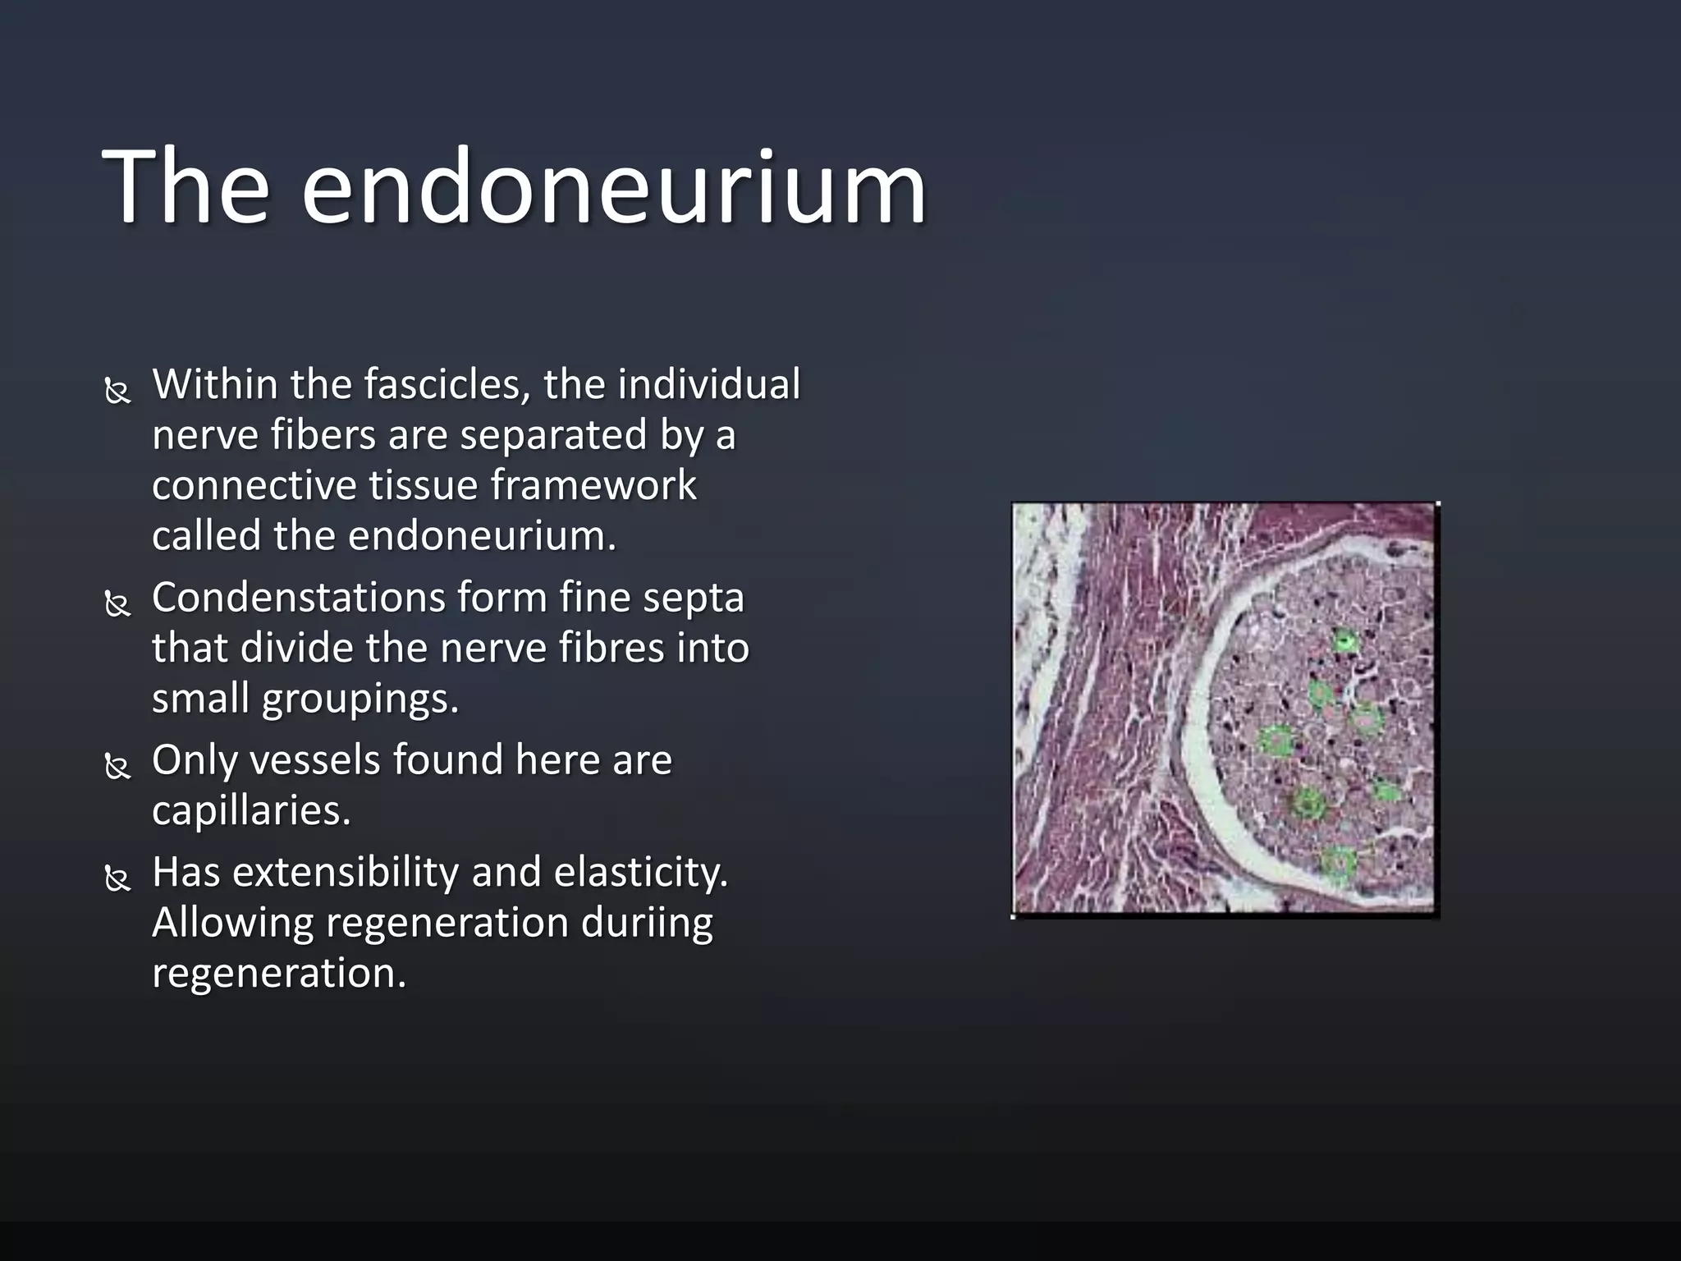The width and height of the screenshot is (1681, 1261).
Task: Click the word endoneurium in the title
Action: click(613, 187)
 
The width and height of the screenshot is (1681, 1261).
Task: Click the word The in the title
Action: click(186, 187)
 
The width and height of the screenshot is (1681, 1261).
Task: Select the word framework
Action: click(593, 485)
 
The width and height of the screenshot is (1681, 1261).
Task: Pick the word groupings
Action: click(360, 699)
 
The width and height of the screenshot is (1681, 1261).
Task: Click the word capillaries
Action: click(251, 810)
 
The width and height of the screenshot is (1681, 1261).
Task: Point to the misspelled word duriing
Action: click(647, 924)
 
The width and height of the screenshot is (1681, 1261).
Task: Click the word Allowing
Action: click(232, 923)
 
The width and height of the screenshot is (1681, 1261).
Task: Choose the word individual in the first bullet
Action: click(708, 384)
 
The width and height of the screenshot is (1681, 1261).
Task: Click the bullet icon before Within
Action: click(118, 391)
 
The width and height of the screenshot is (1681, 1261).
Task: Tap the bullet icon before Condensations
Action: click(118, 604)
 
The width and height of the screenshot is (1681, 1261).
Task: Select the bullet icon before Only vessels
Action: click(118, 767)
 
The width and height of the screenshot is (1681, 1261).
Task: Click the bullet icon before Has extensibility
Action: click(118, 878)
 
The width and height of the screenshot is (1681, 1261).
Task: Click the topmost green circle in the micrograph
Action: click(1345, 641)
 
